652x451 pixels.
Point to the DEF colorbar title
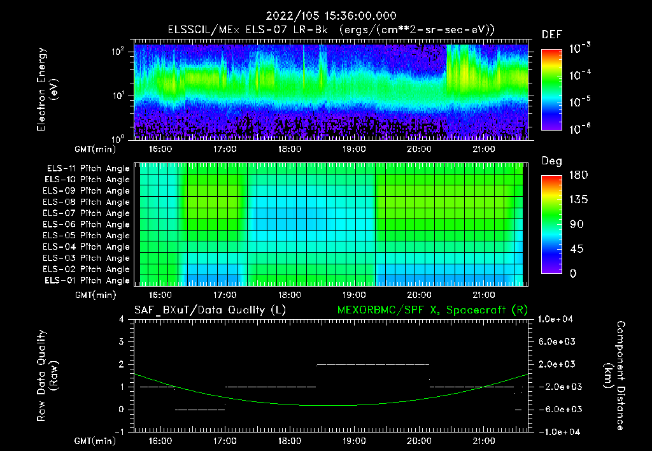[x=551, y=34]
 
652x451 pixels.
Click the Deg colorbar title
[x=551, y=161]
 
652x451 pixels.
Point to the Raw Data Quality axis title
[x=47, y=375]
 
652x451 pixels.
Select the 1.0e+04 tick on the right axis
[x=558, y=319]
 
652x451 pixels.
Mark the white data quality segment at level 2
[x=372, y=364]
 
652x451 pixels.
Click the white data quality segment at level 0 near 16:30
[x=199, y=410]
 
